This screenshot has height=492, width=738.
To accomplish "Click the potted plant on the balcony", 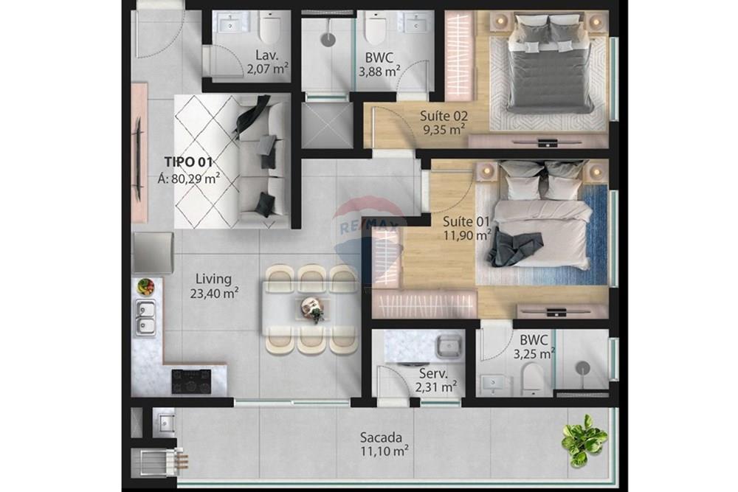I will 584,440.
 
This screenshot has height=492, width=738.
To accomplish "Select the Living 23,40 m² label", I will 213,286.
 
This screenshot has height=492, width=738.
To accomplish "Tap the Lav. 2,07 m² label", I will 267,63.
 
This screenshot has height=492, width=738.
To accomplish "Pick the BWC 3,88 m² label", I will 379,64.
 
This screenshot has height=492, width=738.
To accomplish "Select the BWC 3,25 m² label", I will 533,347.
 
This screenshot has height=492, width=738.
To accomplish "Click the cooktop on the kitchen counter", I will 191,381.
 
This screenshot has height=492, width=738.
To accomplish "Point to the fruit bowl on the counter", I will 145,286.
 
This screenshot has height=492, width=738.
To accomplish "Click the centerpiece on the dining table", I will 314,310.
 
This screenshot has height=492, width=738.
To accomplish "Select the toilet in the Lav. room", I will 270,28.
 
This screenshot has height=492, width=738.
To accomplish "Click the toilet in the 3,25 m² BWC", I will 531,378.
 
